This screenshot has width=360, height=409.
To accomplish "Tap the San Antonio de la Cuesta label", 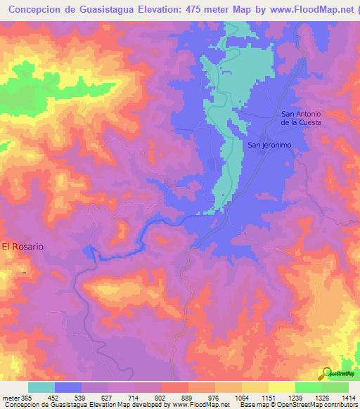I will coord(301,118).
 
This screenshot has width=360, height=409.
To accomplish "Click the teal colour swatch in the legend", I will coord(41,387).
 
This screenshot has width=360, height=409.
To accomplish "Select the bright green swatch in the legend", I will coord(309,387).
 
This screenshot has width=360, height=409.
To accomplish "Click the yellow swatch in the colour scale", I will coord(282,387).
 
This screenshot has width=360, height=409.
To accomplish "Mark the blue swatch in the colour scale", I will coord(68,387).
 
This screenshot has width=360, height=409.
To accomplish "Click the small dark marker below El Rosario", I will coord(23,271).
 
